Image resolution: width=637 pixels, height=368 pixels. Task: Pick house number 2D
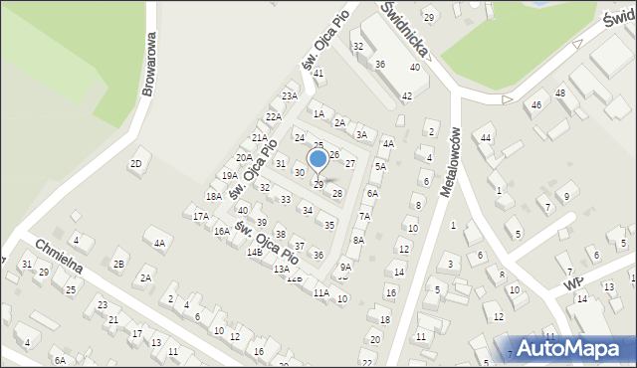coord(136,163)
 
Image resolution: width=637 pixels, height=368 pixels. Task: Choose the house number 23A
coord(290,96)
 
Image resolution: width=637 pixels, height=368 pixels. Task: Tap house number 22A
coord(273,117)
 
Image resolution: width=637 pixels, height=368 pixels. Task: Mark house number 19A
coord(230,176)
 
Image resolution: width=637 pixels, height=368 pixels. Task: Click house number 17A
coord(201,216)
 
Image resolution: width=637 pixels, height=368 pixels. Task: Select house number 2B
coord(118,264)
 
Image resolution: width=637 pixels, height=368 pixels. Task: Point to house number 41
coord(318,74)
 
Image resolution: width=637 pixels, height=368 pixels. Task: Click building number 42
coord(406,96)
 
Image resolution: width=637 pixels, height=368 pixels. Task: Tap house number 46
coord(536,104)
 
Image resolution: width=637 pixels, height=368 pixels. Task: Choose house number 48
coord(560,93)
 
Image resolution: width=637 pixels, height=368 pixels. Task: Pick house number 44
coord(486,137)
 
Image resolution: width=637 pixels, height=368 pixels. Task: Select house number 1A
coord(318,114)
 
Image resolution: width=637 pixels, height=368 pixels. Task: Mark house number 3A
coord(362,135)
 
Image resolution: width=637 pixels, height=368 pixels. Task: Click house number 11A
coord(320,293)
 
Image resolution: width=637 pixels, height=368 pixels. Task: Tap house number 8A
coord(358,240)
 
